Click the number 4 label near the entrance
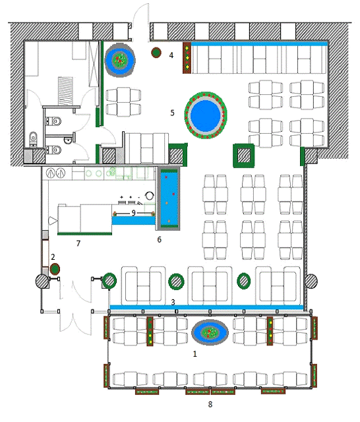tap(171, 55)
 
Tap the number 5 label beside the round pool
tap(173, 113)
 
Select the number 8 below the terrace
tap(210, 404)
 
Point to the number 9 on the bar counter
tap(133, 213)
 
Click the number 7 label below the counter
tap(78, 243)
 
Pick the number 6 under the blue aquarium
tap(160, 239)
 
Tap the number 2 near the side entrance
tap(53, 256)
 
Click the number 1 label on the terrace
tap(195, 353)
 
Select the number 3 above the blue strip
tap(173, 302)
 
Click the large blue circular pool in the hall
tap(206, 115)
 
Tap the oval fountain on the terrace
tap(210, 332)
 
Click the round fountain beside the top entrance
tap(120, 60)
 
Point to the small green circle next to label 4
tap(156, 53)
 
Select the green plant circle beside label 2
tap(55, 269)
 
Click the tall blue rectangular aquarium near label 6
tap(169, 199)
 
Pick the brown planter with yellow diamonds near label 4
tap(187, 57)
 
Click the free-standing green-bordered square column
tap(244, 156)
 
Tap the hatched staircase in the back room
tap(65, 91)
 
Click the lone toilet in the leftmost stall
tap(33, 138)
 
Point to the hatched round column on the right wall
tap(311, 281)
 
